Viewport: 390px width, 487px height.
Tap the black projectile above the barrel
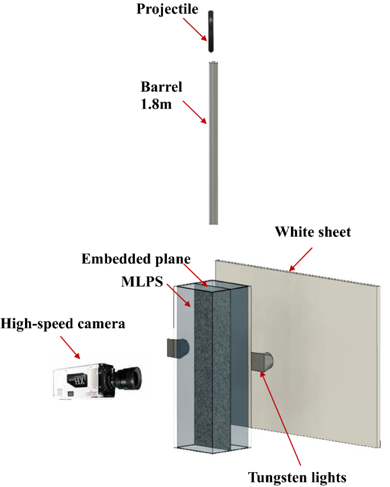211,32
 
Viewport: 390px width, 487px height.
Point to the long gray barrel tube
212,148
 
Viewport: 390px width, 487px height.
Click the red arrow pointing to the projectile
195,29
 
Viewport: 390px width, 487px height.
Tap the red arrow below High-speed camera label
71,347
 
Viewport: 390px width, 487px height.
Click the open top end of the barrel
212,64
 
